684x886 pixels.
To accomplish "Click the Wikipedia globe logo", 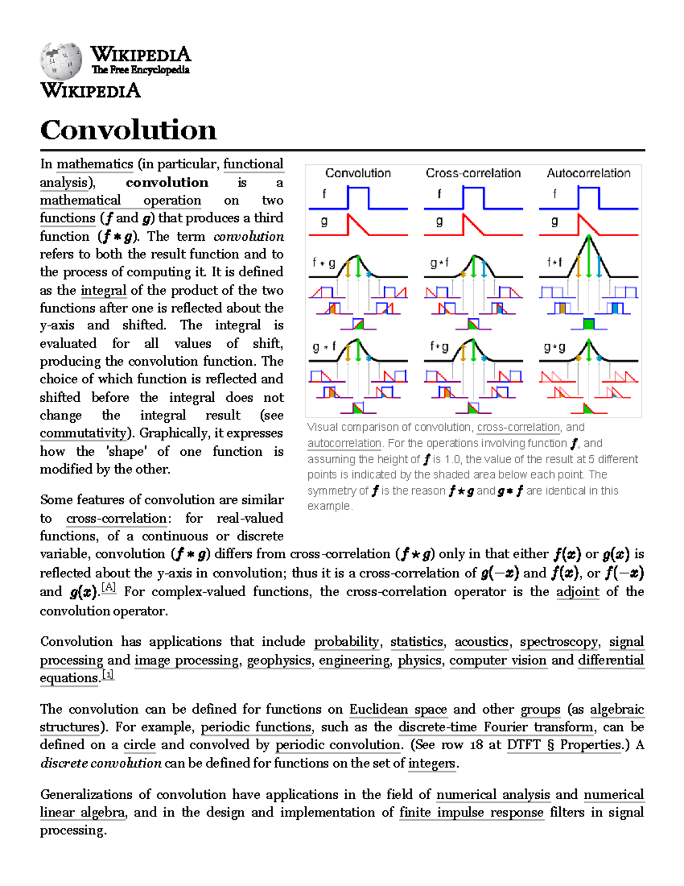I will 61,60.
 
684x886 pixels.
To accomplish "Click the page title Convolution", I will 128,130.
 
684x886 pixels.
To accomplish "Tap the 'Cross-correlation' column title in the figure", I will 473,173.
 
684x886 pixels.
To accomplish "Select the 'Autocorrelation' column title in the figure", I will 588,173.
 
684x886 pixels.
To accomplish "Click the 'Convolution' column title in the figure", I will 358,173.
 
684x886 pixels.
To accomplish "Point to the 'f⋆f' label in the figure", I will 554,262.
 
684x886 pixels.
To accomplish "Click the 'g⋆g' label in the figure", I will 554,347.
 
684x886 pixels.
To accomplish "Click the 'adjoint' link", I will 577,592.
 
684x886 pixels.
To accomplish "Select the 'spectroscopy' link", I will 559,642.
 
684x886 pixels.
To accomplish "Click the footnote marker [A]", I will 108,587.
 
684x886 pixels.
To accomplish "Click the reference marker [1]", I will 108,674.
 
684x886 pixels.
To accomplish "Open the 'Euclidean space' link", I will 398,709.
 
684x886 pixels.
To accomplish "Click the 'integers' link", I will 431,763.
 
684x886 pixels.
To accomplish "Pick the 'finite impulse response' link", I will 471,812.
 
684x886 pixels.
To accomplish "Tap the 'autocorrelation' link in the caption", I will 344,443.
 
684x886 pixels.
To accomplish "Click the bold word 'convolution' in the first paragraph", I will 167,183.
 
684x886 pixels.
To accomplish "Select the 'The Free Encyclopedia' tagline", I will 140,70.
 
